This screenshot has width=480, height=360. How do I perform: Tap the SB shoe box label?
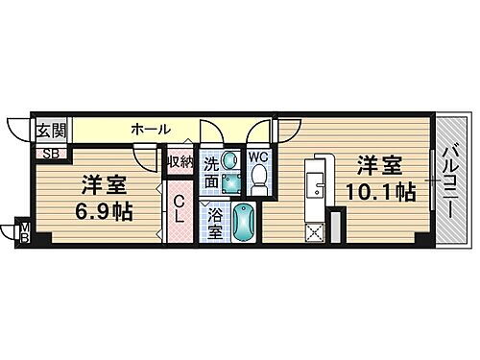click(x=48, y=152)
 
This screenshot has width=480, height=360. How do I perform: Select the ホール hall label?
click(x=151, y=129)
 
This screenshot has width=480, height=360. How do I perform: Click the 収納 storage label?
click(x=180, y=162)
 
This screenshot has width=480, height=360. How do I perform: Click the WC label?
click(x=258, y=155)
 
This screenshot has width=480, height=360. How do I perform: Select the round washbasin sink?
click(x=229, y=164)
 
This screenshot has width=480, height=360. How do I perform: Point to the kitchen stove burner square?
click(x=313, y=229)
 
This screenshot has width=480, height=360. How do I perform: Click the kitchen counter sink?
click(x=313, y=180)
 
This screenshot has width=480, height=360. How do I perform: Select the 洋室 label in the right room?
click(x=379, y=163)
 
